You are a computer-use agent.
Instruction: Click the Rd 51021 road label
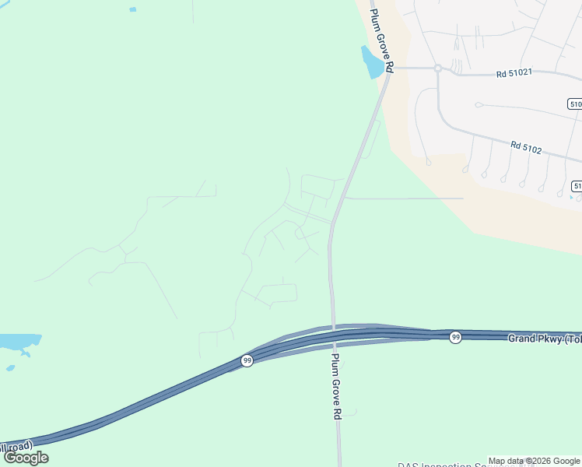point(514,74)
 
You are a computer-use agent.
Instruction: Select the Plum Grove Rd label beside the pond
point(380,41)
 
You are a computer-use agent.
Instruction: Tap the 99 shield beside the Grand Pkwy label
point(455,337)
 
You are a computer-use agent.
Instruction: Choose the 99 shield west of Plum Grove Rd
point(247,360)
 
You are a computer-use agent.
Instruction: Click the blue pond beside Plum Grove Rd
point(371,61)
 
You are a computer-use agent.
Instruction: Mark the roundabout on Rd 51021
point(438,68)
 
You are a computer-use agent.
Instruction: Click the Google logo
point(26,458)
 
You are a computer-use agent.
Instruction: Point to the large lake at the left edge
point(17,342)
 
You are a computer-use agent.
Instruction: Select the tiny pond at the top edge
point(132,9)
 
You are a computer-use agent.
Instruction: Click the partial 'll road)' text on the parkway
point(16,446)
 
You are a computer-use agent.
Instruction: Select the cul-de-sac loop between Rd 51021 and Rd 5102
point(479,104)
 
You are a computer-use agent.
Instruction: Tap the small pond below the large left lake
point(10,368)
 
